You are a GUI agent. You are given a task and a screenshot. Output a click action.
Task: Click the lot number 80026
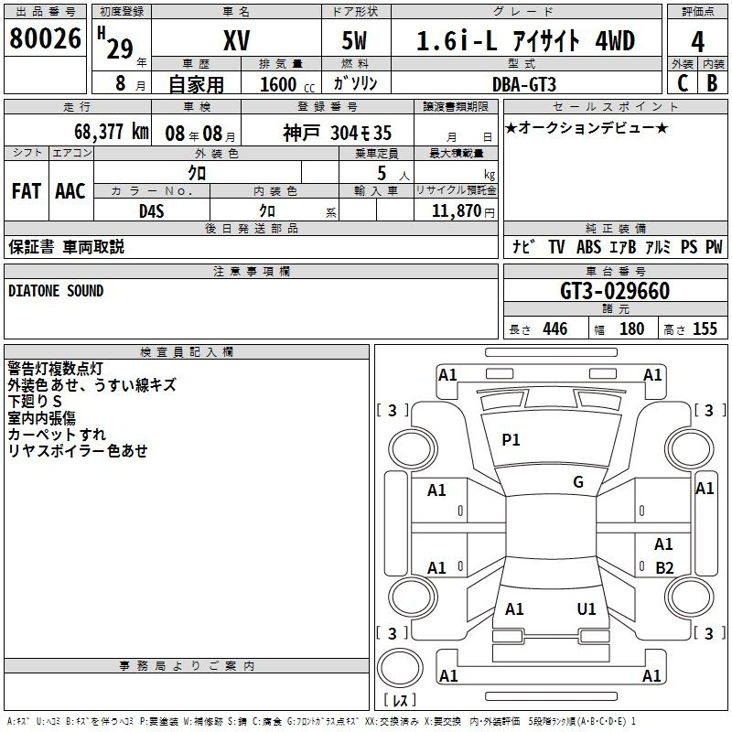coord(45,38)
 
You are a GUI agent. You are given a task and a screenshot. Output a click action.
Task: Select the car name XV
coord(237,40)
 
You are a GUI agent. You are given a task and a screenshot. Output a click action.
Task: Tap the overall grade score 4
coord(697,42)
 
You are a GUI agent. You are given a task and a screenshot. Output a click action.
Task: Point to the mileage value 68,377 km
coord(112,132)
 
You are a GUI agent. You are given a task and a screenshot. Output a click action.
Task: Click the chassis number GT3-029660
coord(615,291)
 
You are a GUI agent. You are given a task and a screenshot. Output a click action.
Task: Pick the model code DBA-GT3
coord(524,84)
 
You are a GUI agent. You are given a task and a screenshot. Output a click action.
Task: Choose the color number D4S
coord(152,211)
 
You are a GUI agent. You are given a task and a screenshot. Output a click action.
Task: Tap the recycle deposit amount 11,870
coord(456,211)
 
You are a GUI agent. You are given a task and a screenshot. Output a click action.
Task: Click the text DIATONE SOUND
coord(56,291)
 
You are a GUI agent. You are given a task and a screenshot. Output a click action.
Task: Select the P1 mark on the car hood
coord(511,440)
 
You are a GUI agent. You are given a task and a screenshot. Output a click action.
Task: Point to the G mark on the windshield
coord(578,482)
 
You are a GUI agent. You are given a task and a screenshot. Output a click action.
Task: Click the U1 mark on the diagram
coord(587,609)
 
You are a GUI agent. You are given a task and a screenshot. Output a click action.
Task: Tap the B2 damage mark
coord(664,568)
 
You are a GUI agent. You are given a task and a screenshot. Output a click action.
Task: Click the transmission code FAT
coord(27,191)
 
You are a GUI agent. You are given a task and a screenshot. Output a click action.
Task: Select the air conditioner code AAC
coord(70,191)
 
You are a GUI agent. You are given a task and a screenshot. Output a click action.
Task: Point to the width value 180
coord(631,329)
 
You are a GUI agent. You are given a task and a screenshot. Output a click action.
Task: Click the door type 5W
coord(354,40)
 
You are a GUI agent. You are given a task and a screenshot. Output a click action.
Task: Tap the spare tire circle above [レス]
coord(400,668)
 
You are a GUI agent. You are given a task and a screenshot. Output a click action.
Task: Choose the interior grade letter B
coord(712,83)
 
